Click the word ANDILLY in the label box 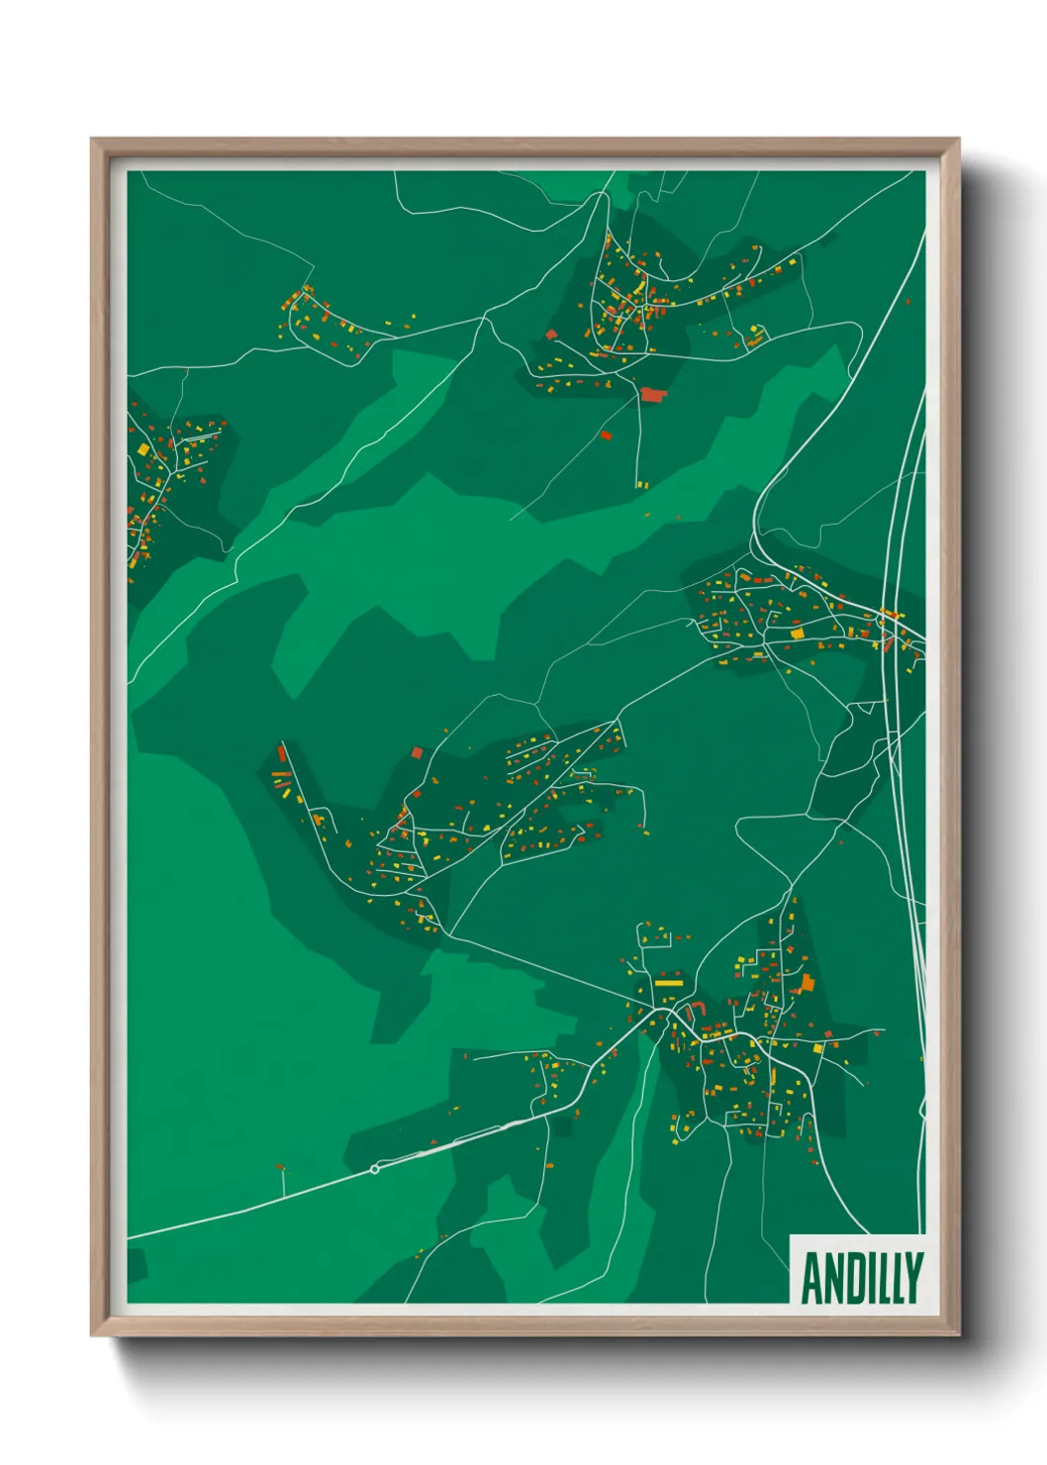pyautogui.click(x=862, y=1279)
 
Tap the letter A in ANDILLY pyautogui.click(x=813, y=1279)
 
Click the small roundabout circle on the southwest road pyautogui.click(x=374, y=1169)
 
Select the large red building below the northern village pyautogui.click(x=651, y=395)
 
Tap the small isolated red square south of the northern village pyautogui.click(x=607, y=435)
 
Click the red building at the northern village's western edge pyautogui.click(x=551, y=335)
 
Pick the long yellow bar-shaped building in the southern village pyautogui.click(x=668, y=984)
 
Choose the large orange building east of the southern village pyautogui.click(x=808, y=983)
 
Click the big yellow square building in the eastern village pyautogui.click(x=798, y=632)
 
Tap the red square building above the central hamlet pyautogui.click(x=417, y=752)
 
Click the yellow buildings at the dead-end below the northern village pyautogui.click(x=641, y=485)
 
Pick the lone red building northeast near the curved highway pyautogui.click(x=908, y=301)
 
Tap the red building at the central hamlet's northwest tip pyautogui.click(x=282, y=754)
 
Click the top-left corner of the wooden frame pyautogui.click(x=92, y=140)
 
